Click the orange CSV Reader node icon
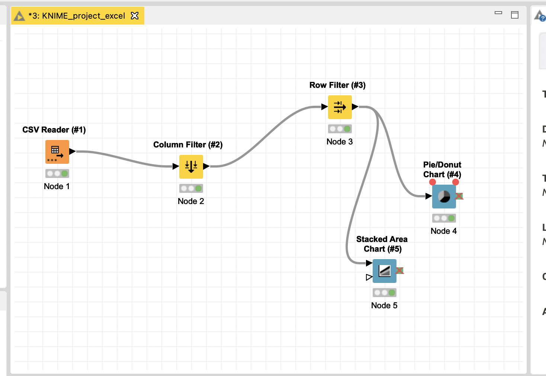tap(57, 152)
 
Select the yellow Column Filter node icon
tap(191, 166)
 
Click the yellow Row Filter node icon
tap(340, 107)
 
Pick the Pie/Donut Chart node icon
tap(444, 196)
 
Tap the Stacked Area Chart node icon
tap(385, 271)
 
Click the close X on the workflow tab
tap(135, 16)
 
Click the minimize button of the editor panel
tap(498, 13)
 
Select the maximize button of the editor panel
tap(515, 15)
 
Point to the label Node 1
tap(57, 186)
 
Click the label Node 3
tap(340, 141)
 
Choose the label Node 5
tap(384, 305)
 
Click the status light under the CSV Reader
tap(57, 173)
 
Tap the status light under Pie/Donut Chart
tap(444, 218)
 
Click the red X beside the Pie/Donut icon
tap(459, 196)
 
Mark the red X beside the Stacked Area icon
tap(400, 270)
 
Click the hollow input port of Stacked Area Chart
tap(369, 277)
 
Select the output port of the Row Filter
tap(355, 107)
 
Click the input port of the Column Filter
tap(176, 166)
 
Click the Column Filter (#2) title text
tap(188, 144)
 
